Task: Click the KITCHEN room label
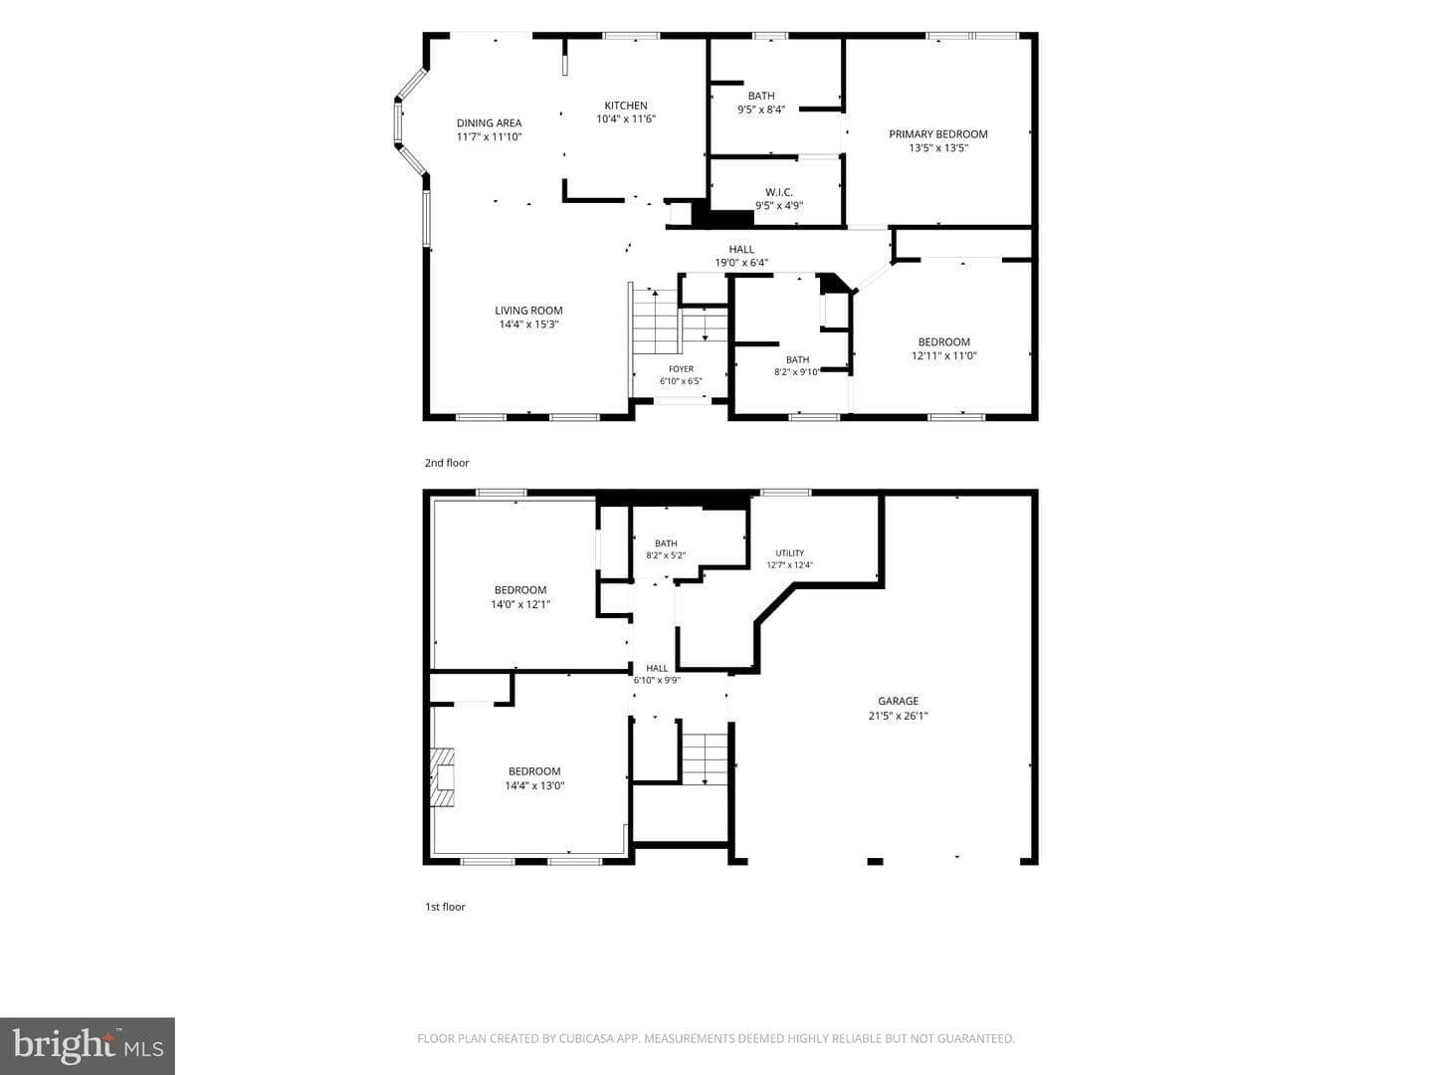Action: tap(625, 106)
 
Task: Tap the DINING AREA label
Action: tap(489, 122)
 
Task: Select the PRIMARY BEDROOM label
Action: tap(938, 133)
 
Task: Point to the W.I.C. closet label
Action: tap(779, 192)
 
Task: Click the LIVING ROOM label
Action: tap(528, 311)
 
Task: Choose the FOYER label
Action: tap(681, 368)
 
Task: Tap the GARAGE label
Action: tap(898, 701)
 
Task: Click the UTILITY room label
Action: tap(789, 552)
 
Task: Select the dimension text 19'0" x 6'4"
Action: tap(741, 263)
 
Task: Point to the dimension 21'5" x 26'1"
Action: tap(898, 716)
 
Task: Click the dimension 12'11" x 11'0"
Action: tap(944, 355)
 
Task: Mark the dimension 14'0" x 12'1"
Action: tap(520, 604)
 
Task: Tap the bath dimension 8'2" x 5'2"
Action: tap(666, 555)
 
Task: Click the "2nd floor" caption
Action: tap(447, 463)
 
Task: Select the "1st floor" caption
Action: tap(445, 907)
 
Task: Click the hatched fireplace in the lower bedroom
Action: tap(442, 777)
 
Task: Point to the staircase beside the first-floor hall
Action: tap(705, 759)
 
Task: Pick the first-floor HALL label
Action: tap(657, 668)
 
